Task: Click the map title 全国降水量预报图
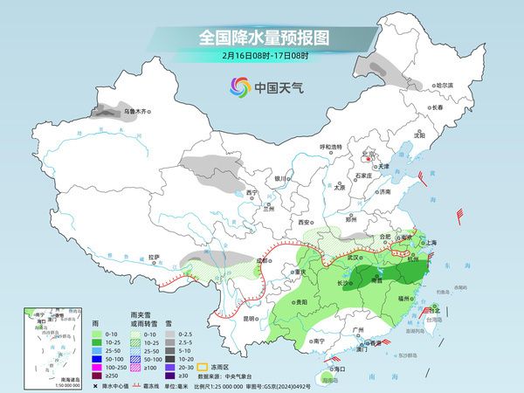point(261,38)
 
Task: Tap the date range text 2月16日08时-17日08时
point(261,57)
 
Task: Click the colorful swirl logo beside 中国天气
point(239,86)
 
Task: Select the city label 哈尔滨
point(445,85)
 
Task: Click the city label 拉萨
point(154,257)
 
